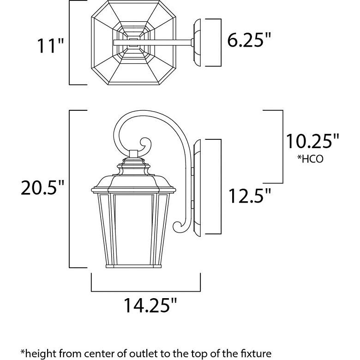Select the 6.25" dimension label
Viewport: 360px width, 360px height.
248,42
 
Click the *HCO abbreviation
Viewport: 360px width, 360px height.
310,159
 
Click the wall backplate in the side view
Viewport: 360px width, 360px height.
198,186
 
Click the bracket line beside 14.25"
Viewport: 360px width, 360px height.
146,291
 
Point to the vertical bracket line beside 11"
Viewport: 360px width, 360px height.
70,42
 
